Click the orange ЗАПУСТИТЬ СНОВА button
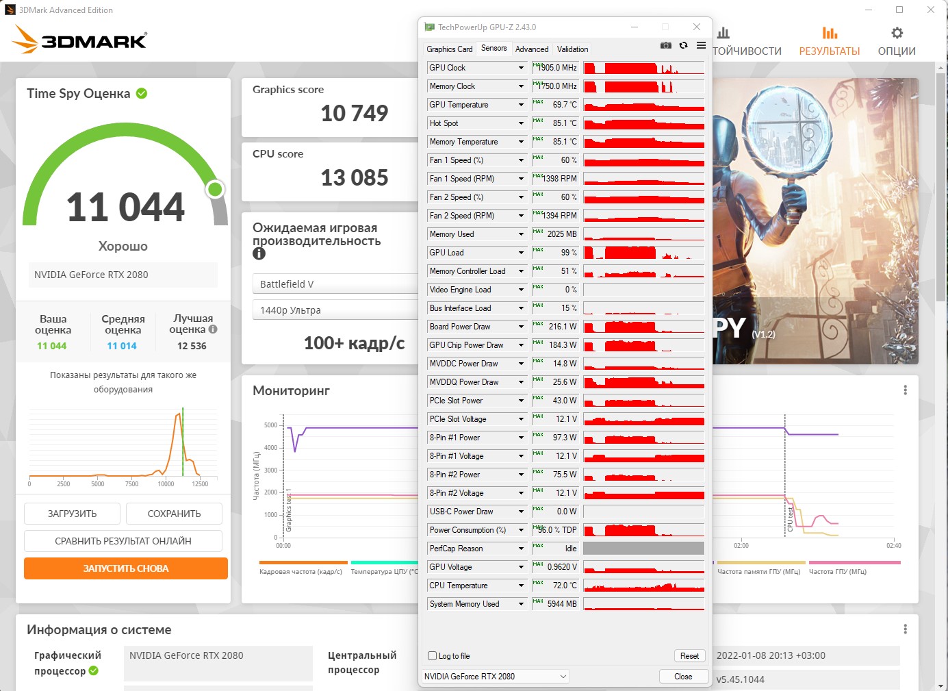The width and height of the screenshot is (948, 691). [x=126, y=568]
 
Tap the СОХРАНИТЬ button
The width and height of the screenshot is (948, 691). [x=174, y=514]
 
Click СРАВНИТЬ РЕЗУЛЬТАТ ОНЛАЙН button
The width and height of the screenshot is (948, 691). [x=123, y=541]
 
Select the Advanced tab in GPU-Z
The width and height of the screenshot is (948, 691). [x=532, y=49]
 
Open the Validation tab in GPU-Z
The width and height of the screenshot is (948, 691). [x=572, y=49]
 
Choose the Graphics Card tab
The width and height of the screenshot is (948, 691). [x=449, y=49]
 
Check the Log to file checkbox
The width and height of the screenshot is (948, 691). [x=432, y=656]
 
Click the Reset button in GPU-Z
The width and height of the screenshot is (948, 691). [x=689, y=656]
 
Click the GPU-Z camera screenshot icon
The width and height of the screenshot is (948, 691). [x=665, y=46]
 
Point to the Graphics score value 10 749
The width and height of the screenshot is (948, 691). [x=355, y=113]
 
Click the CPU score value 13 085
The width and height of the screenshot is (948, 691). [x=355, y=178]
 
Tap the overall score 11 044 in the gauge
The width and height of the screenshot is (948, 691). [x=125, y=207]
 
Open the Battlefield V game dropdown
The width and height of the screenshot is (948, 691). [x=335, y=284]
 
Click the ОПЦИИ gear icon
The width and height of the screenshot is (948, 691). [x=897, y=34]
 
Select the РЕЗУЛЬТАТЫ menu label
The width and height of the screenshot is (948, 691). [x=829, y=51]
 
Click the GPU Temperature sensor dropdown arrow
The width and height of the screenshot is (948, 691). [x=521, y=105]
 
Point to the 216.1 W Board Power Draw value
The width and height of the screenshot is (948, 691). [x=563, y=327]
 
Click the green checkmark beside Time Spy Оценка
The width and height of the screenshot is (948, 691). [x=142, y=94]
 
